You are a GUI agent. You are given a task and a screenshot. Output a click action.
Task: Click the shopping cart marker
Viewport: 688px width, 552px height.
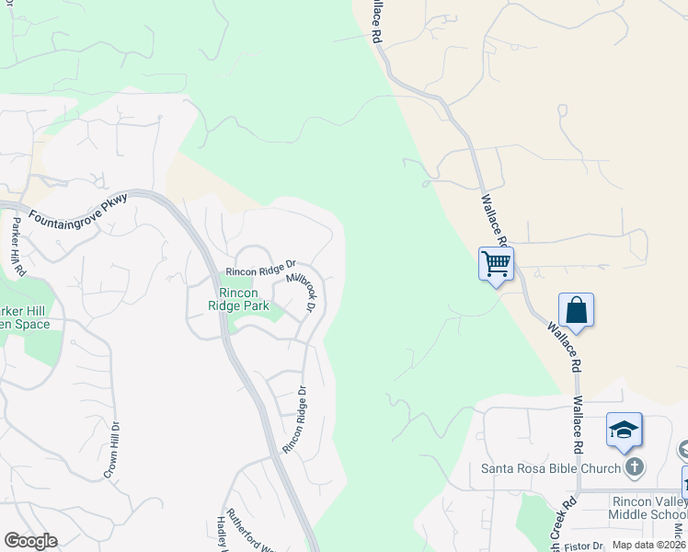point(496,265)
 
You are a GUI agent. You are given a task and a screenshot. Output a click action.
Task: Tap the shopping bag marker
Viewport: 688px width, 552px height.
point(576,311)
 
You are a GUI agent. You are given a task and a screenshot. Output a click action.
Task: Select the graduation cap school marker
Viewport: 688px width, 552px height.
point(624,430)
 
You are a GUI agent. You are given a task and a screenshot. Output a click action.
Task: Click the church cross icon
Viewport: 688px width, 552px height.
point(634,468)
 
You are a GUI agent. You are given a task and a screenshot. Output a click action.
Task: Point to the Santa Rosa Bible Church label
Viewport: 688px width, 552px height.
point(551,468)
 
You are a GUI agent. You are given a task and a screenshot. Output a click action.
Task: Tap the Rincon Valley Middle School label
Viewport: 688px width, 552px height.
point(648,508)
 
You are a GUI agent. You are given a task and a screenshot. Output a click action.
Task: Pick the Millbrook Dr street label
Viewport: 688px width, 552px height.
point(302,291)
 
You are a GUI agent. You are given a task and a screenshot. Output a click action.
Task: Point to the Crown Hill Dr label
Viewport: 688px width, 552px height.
point(110,450)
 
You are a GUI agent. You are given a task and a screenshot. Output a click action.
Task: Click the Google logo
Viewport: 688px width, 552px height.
point(30,541)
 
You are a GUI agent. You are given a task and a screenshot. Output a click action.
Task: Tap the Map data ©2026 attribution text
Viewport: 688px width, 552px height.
point(648,545)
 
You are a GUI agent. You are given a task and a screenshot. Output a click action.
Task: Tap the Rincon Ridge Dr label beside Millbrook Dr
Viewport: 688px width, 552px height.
point(260,270)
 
